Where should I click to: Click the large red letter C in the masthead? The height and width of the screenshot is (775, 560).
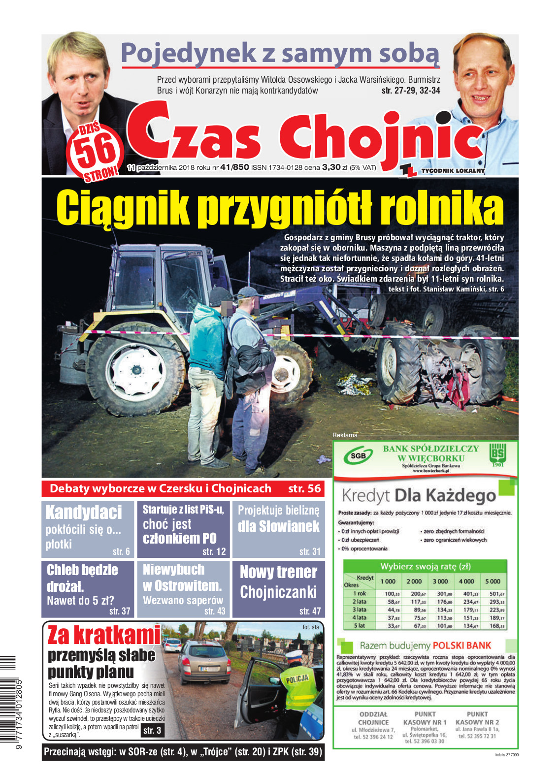click(x=148, y=130)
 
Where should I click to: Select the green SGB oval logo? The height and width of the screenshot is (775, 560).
click(x=358, y=456)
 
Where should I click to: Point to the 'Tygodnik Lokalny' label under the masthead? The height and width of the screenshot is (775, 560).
click(x=453, y=171)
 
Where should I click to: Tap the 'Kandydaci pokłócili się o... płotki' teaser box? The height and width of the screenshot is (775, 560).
click(x=88, y=529)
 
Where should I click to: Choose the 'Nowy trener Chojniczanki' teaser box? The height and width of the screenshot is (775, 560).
click(x=279, y=589)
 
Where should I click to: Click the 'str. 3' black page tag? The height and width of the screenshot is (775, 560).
click(x=152, y=730)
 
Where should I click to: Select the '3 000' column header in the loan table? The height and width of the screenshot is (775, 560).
click(x=440, y=581)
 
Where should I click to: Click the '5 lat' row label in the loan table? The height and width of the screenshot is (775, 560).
click(x=359, y=626)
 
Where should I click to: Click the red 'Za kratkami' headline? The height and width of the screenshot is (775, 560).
click(x=104, y=636)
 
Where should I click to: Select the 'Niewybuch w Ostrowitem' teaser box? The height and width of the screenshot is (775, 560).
click(x=183, y=589)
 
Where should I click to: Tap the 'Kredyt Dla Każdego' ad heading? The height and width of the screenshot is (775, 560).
click(x=419, y=495)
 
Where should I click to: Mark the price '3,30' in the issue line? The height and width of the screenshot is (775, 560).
click(x=331, y=167)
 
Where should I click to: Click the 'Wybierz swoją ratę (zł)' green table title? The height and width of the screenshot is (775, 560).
click(x=425, y=566)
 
